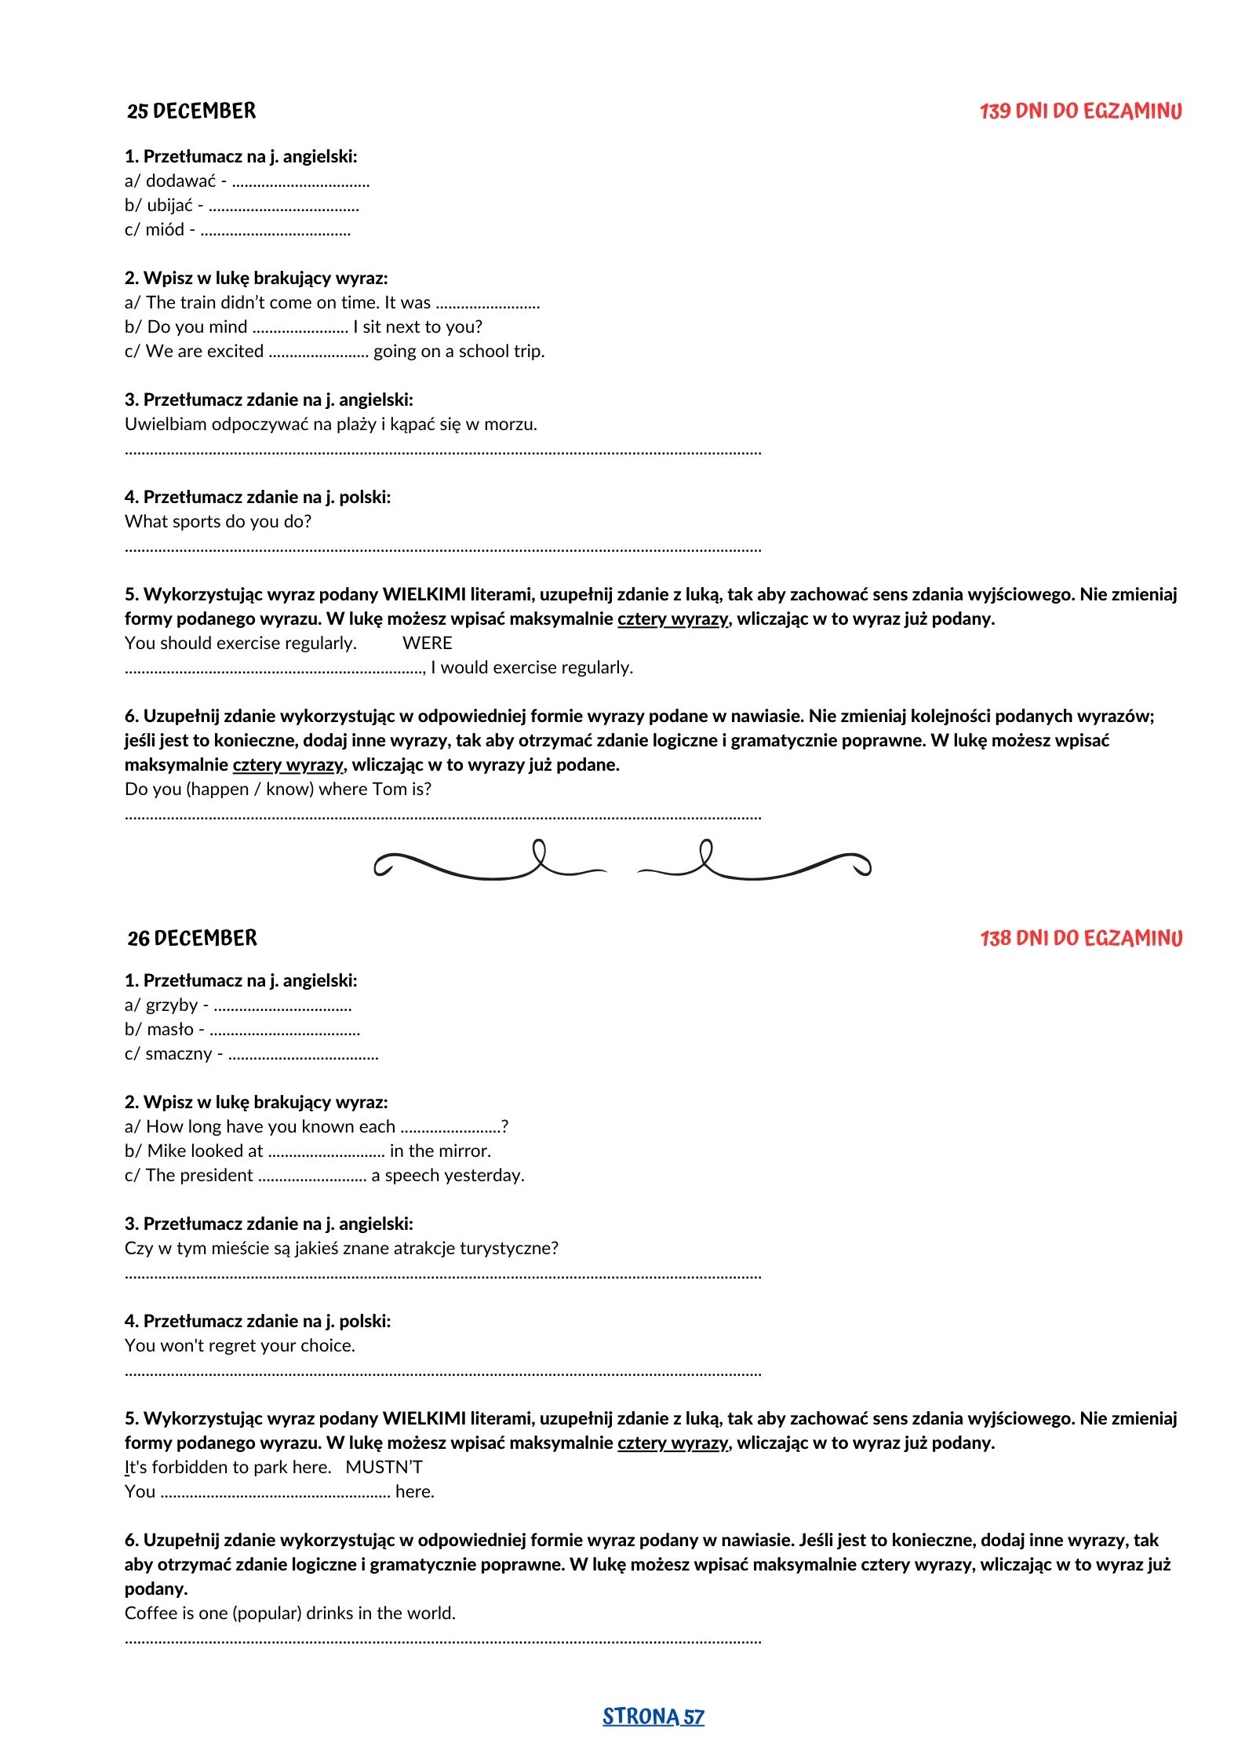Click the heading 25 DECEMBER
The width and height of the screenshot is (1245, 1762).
(191, 111)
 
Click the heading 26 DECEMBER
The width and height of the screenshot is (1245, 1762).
(192, 938)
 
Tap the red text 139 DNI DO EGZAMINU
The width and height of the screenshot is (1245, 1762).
(1080, 111)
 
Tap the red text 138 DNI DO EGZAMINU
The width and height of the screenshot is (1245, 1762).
(1081, 938)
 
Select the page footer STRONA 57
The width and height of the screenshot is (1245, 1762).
(653, 1716)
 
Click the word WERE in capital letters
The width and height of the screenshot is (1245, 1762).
(427, 643)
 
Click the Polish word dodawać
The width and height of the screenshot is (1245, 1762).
(180, 181)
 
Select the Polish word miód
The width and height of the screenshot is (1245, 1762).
(165, 230)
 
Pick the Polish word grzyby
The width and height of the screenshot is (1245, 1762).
(172, 1005)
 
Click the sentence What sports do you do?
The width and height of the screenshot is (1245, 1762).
(218, 521)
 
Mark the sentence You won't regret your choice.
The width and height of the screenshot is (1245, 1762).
(240, 1345)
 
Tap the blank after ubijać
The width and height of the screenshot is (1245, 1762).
(284, 207)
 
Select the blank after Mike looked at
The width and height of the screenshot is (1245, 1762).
(326, 1152)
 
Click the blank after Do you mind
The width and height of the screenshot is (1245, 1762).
(300, 328)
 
